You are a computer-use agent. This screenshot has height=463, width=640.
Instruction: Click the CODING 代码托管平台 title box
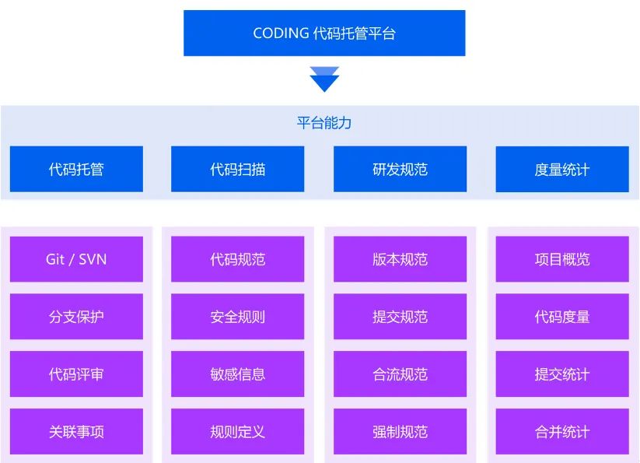click(324, 33)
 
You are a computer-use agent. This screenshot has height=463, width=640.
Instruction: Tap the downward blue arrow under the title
click(324, 79)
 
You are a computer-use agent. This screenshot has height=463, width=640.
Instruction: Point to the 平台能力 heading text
click(324, 123)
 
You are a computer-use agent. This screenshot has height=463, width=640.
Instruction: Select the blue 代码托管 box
click(76, 169)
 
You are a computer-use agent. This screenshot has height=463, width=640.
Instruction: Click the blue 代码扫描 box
click(238, 169)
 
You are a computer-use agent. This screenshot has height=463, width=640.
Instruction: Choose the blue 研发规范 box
click(400, 169)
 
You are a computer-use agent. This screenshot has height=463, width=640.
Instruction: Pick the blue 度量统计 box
click(561, 169)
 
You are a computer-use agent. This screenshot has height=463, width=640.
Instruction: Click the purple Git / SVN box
click(76, 259)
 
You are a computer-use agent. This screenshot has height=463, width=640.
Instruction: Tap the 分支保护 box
click(76, 317)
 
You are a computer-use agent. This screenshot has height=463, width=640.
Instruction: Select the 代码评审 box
click(76, 374)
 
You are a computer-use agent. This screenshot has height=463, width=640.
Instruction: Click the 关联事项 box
click(76, 432)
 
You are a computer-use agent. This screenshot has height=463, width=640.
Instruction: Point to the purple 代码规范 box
click(238, 259)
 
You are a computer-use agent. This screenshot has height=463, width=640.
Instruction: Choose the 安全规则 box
click(238, 317)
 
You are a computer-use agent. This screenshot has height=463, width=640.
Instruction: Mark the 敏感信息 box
click(238, 374)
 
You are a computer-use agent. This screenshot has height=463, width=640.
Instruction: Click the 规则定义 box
click(238, 432)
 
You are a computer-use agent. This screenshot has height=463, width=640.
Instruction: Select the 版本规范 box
click(400, 259)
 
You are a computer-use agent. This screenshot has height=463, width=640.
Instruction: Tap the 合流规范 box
click(400, 374)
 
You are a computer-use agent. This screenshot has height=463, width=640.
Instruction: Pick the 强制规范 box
click(400, 432)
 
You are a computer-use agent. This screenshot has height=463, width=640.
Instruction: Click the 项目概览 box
click(561, 259)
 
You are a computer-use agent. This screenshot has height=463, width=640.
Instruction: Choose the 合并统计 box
click(561, 432)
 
